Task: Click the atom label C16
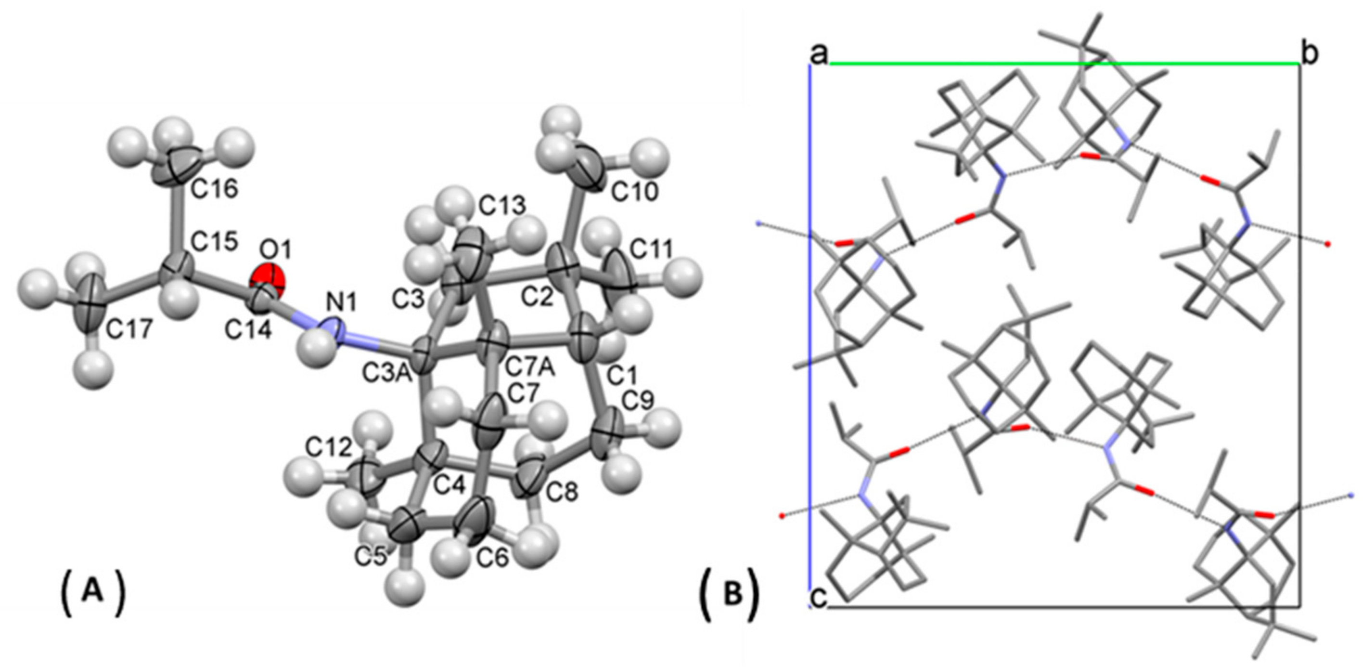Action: pyautogui.click(x=214, y=188)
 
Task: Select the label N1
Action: pyautogui.click(x=342, y=303)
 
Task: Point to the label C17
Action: pyautogui.click(x=129, y=329)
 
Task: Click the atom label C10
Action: pyautogui.click(x=635, y=192)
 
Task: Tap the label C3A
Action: pyautogui.click(x=387, y=374)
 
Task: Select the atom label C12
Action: pyautogui.click(x=329, y=448)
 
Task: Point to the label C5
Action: pyautogui.click(x=372, y=556)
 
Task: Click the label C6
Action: pyautogui.click(x=493, y=557)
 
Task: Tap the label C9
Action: pyautogui.click(x=638, y=402)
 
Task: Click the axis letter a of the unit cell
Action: pyautogui.click(x=819, y=54)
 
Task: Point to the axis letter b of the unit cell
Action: pyautogui.click(x=1310, y=54)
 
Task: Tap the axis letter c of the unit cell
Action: pyautogui.click(x=819, y=600)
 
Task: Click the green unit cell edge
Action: pyautogui.click(x=1058, y=65)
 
